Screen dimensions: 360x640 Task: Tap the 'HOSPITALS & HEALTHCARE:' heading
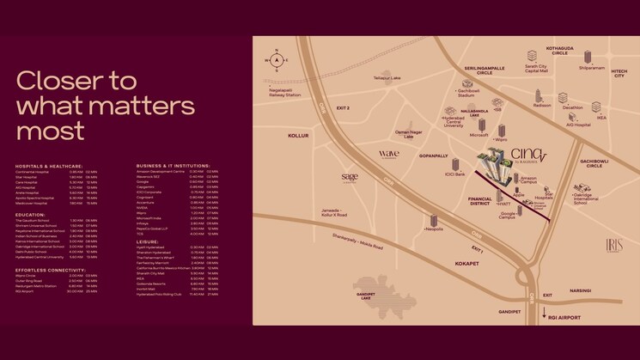point(49,166)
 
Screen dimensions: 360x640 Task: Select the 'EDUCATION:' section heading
point(30,215)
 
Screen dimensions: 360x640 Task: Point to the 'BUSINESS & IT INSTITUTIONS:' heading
point(173,166)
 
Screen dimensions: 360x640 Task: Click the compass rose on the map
point(277,60)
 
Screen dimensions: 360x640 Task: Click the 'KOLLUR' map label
point(297,136)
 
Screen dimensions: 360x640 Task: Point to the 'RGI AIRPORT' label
point(564,317)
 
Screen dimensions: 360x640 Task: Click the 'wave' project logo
point(388,154)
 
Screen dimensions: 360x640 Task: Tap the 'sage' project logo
point(349,177)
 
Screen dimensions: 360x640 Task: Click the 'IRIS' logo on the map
point(613,245)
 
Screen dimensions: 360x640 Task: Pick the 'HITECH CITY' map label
point(619,76)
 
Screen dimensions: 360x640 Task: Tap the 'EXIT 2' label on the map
point(343,108)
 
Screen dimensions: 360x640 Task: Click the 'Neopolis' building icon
point(433,223)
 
